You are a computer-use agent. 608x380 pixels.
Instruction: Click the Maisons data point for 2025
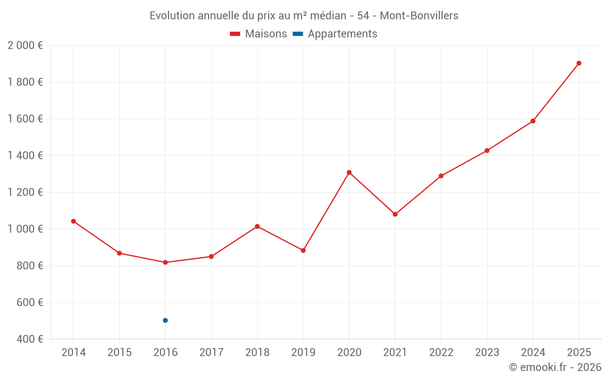click(579, 63)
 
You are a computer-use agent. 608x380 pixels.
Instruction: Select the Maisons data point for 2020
click(349, 173)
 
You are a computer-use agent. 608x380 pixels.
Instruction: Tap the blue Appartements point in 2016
click(165, 320)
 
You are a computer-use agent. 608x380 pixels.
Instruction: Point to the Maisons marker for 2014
click(74, 221)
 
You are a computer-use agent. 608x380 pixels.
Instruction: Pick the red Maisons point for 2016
click(165, 263)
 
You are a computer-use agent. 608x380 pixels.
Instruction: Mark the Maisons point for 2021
click(395, 215)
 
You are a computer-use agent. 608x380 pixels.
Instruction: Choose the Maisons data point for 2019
click(303, 250)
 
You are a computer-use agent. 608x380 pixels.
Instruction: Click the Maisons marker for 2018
click(257, 227)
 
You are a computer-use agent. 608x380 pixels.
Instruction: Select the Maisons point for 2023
click(487, 151)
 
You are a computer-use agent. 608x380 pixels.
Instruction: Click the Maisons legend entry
click(258, 34)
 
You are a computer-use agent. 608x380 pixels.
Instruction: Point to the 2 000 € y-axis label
click(25, 46)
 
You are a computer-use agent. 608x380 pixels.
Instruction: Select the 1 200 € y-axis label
click(25, 192)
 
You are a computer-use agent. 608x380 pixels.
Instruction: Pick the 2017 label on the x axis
click(211, 353)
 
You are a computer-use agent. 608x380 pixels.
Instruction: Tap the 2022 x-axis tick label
click(441, 353)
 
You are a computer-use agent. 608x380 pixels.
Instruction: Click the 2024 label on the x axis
click(533, 353)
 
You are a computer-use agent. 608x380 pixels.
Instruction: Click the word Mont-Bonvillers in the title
click(419, 16)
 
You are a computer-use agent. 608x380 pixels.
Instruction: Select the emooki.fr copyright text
click(555, 367)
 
